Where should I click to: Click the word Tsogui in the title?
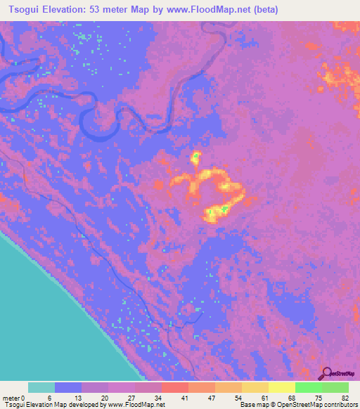point(22,10)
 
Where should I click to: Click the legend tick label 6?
point(49,396)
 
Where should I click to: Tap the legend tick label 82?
point(345,396)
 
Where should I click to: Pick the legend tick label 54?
point(236,396)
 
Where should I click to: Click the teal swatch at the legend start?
point(41,387)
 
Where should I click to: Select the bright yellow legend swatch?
point(281,387)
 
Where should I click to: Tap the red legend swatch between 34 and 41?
point(174,387)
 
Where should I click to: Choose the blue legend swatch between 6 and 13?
point(68,387)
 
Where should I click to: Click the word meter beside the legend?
point(13,396)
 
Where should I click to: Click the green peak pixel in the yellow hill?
point(224,208)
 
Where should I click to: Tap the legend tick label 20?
point(102,396)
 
